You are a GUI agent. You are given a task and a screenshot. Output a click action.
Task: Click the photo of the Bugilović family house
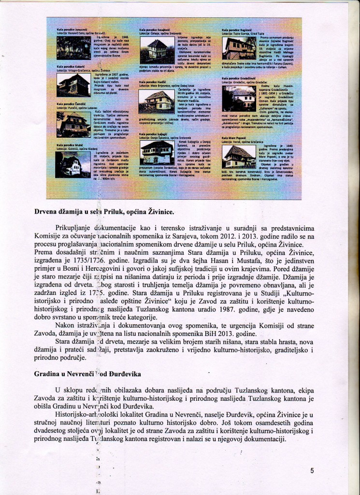coord(238,48)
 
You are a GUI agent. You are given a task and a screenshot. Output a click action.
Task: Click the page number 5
coord(312,470)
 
